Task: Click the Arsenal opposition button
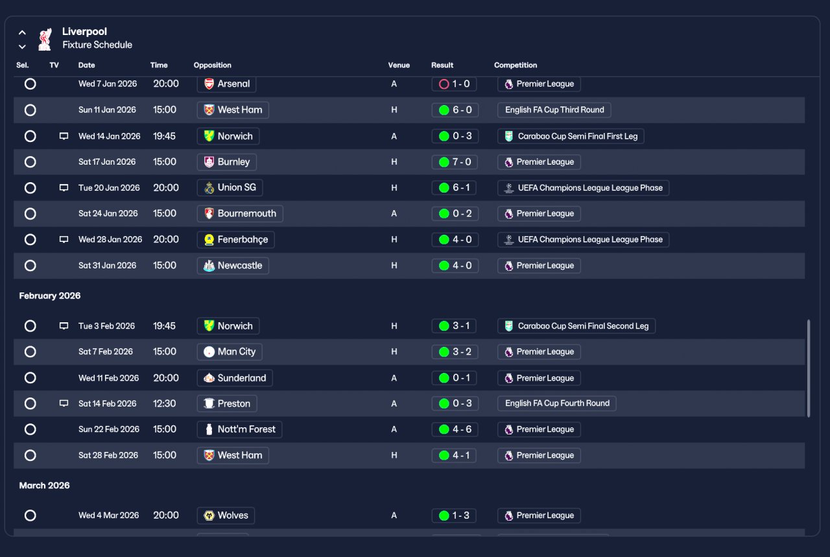point(226,84)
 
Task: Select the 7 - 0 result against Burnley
point(455,162)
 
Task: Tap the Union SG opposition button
point(230,188)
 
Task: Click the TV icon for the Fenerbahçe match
point(64,239)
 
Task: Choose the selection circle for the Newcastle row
point(30,266)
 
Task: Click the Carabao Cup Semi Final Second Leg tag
point(576,326)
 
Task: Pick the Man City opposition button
point(229,352)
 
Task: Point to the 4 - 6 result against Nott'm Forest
point(455,429)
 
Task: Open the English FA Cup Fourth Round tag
point(556,403)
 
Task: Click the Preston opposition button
point(226,403)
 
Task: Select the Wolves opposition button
point(225,516)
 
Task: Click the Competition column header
point(516,65)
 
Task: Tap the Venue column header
point(399,65)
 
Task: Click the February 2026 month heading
point(50,296)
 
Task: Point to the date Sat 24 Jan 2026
point(108,213)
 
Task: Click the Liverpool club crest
point(45,39)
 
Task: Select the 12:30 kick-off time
point(164,403)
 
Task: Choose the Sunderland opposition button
point(235,378)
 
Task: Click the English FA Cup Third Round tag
point(554,110)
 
